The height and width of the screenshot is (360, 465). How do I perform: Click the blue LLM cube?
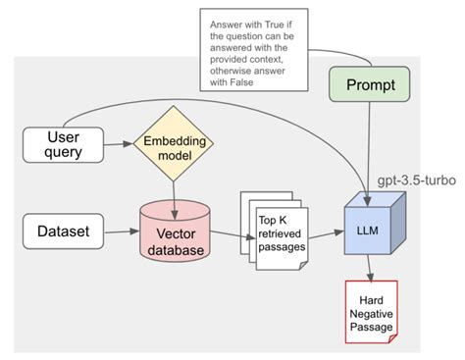(x=364, y=232)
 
